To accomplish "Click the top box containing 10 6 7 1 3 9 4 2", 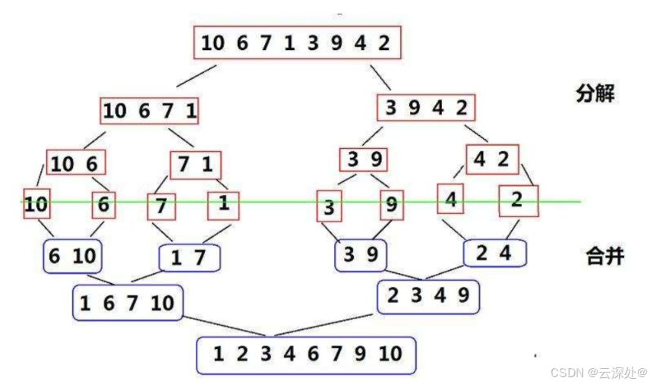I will pos(297,43).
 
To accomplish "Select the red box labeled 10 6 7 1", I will pos(150,111).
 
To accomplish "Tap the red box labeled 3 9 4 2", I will pos(426,108).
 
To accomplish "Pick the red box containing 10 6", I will pos(75,163).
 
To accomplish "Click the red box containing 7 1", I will pos(195,164).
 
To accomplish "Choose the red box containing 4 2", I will pos(491,160).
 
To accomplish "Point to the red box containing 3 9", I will pos(364,160).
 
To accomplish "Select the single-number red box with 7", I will pos(160,206).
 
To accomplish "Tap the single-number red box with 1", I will pos(222,203).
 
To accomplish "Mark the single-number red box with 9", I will pos(391,204).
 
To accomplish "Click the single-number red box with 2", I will pos(517,200).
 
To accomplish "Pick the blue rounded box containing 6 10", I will pos(73,257).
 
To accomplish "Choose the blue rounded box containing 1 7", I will pos(189,258).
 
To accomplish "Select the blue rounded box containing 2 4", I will pos(494,253).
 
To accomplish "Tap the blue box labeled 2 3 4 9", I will pos(428,297).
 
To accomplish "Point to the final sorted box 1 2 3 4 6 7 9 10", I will pos(307,354).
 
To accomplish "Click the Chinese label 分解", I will pos(595,94).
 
